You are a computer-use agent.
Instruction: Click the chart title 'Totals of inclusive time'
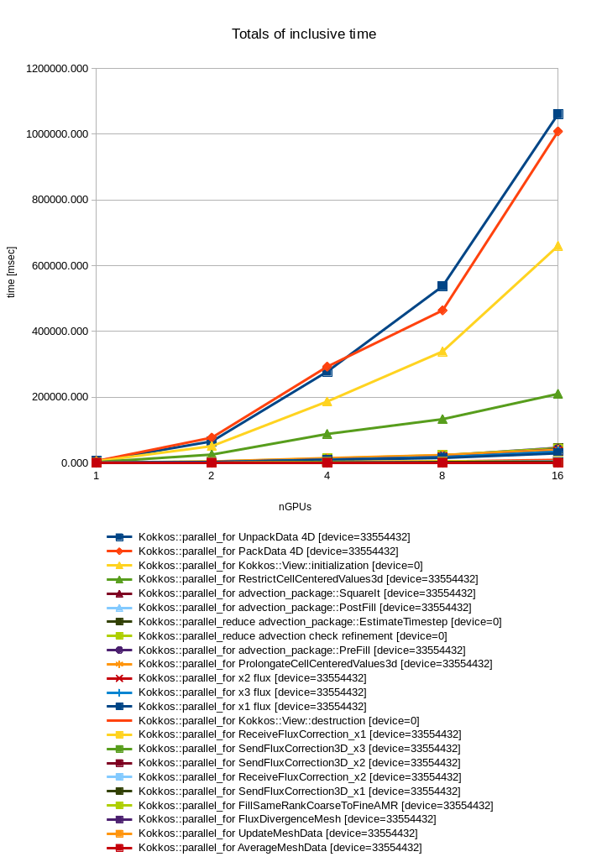coord(304,34)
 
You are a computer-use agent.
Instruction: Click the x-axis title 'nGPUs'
coord(295,507)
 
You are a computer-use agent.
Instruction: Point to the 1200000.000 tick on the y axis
coord(58,69)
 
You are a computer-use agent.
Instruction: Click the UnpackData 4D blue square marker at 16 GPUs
coord(558,114)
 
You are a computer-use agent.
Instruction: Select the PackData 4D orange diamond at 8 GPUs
coord(442,311)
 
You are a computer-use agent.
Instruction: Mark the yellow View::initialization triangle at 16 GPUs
coord(558,247)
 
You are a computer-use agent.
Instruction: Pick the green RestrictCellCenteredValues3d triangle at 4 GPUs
coord(327,434)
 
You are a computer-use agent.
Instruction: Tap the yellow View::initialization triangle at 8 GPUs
coord(442,352)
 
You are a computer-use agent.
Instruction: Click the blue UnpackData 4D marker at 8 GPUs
coord(442,286)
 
